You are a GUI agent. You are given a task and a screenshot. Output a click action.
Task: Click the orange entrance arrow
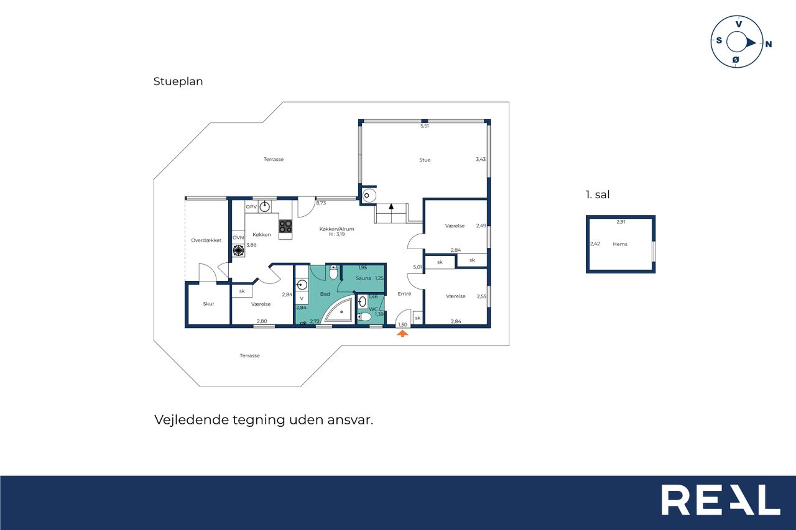click(402, 333)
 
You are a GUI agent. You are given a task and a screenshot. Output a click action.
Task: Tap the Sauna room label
click(363, 278)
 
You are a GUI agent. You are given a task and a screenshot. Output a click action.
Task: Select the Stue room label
click(425, 160)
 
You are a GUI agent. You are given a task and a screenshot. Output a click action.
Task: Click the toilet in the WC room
click(364, 317)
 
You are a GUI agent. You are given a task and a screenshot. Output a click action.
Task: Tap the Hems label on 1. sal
click(620, 244)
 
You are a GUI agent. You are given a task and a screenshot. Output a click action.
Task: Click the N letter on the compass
click(768, 44)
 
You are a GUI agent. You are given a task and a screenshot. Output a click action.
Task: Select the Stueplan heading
click(178, 81)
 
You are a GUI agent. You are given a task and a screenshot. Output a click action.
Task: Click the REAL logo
click(720, 500)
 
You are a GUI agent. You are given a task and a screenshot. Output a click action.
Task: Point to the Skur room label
click(208, 304)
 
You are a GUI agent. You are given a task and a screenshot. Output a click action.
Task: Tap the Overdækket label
click(206, 240)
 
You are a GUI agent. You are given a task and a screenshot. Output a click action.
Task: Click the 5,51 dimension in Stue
click(425, 126)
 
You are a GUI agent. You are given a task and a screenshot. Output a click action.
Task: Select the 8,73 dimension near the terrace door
click(321, 203)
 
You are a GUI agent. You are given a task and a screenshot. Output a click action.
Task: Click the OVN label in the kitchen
click(238, 237)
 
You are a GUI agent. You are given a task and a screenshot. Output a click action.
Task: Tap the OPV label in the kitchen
click(251, 207)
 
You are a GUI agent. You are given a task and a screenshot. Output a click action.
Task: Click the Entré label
click(404, 293)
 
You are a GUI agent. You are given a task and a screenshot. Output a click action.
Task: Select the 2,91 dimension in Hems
click(621, 222)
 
